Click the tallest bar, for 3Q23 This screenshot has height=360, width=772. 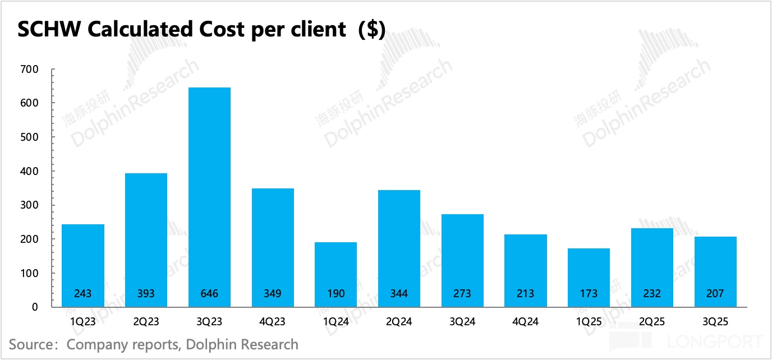tap(209, 196)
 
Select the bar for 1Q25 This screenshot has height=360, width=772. tap(589, 278)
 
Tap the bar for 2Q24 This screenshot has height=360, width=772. tap(399, 248)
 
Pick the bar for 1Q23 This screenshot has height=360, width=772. tap(83, 265)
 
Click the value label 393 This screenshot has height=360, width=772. tap(146, 293)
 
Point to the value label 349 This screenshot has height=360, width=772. tap(273, 293)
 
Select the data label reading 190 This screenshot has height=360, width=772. tap(336, 293)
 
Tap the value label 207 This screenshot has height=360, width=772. tap(715, 293)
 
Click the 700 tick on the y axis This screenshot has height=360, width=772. tap(29, 70)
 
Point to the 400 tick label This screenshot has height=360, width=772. tap(29, 172)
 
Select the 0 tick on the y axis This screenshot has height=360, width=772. tap(35, 307)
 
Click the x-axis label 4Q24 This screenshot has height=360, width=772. tap(525, 321)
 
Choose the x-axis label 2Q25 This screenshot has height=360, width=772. tap(652, 321)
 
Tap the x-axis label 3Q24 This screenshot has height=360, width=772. tap(462, 321)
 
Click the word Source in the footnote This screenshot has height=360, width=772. tap(31, 344)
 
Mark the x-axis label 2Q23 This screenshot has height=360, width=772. tap(146, 321)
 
